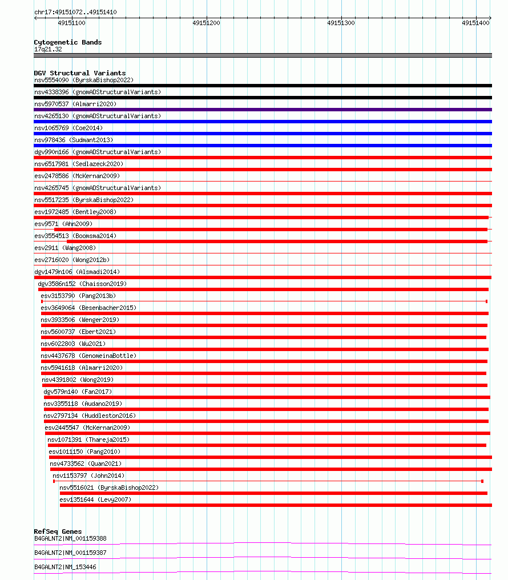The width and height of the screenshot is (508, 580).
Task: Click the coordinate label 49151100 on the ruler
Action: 72,23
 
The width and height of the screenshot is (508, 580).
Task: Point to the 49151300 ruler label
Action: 341,23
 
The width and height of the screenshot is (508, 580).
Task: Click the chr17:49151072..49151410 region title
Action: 75,12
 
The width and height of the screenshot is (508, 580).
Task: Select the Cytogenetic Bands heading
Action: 68,42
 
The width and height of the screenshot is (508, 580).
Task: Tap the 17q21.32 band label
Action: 48,49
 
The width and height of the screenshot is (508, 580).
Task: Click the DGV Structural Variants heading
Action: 80,73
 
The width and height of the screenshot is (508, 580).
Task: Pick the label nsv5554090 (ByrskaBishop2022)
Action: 84,80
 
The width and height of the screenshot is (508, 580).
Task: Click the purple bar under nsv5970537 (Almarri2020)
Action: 263,110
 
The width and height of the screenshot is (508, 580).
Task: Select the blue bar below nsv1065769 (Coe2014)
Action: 263,134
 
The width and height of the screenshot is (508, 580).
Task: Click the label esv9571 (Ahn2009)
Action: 63,224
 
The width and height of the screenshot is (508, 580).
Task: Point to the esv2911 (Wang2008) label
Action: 65,248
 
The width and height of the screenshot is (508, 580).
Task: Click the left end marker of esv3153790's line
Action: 42,301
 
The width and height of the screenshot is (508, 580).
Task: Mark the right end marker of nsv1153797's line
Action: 482,481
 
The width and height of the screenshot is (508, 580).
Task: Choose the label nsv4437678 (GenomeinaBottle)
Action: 88,356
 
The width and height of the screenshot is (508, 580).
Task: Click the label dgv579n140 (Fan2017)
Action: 78,392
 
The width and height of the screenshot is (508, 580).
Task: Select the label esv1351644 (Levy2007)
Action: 95,500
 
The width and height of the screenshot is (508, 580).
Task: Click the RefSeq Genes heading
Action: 58,531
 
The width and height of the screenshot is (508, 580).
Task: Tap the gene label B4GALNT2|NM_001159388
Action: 70,538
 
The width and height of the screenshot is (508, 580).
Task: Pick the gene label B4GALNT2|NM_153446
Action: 65,567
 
